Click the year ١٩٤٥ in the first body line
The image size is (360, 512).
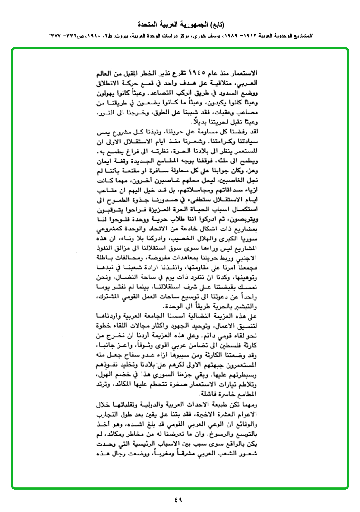[x=197, y=73]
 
